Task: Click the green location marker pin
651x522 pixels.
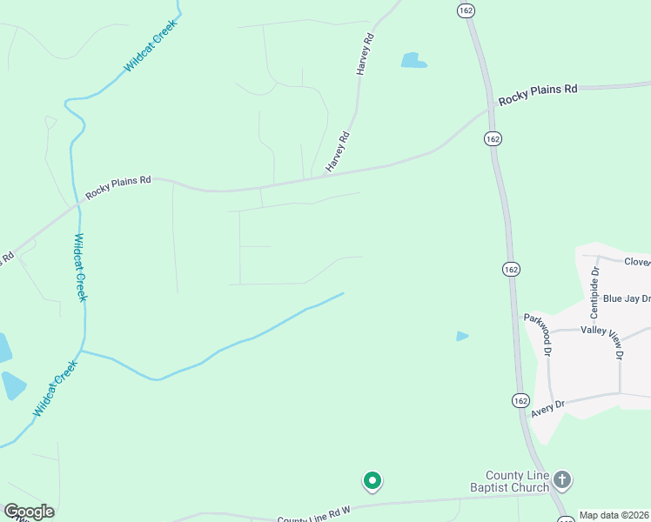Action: click(x=372, y=480)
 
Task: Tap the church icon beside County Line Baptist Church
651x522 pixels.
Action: click(x=562, y=479)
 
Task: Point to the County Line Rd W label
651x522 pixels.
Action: click(x=313, y=517)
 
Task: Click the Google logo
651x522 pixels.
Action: click(x=29, y=512)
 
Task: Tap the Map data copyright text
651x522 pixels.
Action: click(x=614, y=515)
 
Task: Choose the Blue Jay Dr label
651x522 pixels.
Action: click(x=626, y=298)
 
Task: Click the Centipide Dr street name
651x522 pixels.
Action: click(x=595, y=292)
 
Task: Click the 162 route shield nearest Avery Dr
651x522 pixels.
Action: click(x=520, y=400)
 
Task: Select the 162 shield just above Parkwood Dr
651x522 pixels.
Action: click(x=511, y=270)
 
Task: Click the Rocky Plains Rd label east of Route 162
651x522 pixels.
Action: click(x=538, y=95)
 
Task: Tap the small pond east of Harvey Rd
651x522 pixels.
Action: click(x=413, y=61)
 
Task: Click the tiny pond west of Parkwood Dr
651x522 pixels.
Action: click(x=462, y=336)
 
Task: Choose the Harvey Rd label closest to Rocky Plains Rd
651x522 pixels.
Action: click(x=337, y=151)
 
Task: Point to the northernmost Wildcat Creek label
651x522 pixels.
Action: click(x=150, y=46)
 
